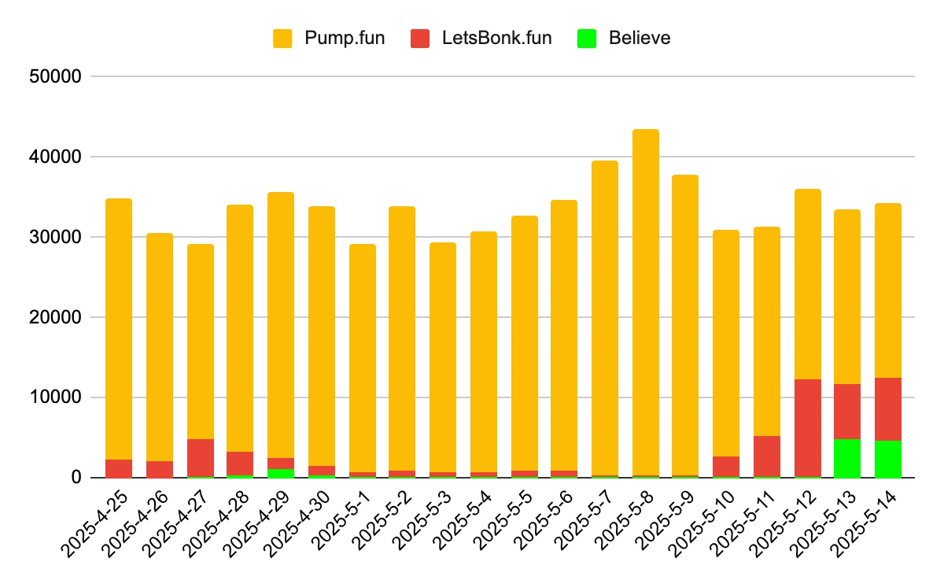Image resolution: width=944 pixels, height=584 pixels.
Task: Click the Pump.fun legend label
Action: pyautogui.click(x=345, y=38)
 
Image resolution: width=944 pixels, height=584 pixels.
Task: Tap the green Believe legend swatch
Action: pyautogui.click(x=586, y=38)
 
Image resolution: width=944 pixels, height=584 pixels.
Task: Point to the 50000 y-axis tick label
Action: pyautogui.click(x=54, y=77)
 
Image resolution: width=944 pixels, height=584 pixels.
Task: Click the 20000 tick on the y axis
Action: pyautogui.click(x=54, y=317)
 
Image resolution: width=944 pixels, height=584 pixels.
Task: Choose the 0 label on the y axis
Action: pyautogui.click(x=76, y=478)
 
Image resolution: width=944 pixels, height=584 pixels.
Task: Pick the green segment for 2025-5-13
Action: pyautogui.click(x=847, y=458)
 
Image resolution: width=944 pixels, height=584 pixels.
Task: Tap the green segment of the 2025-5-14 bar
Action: pyautogui.click(x=888, y=459)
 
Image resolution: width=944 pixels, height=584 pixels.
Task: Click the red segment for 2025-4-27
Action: pyautogui.click(x=200, y=457)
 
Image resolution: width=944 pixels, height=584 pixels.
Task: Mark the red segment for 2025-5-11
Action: pyautogui.click(x=766, y=456)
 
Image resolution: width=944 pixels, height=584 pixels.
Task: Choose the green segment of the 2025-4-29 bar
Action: pyautogui.click(x=281, y=473)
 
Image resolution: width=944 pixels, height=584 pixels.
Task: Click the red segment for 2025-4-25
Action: pyautogui.click(x=119, y=468)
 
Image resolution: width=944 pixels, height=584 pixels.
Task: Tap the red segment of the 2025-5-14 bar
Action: pyautogui.click(x=888, y=409)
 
